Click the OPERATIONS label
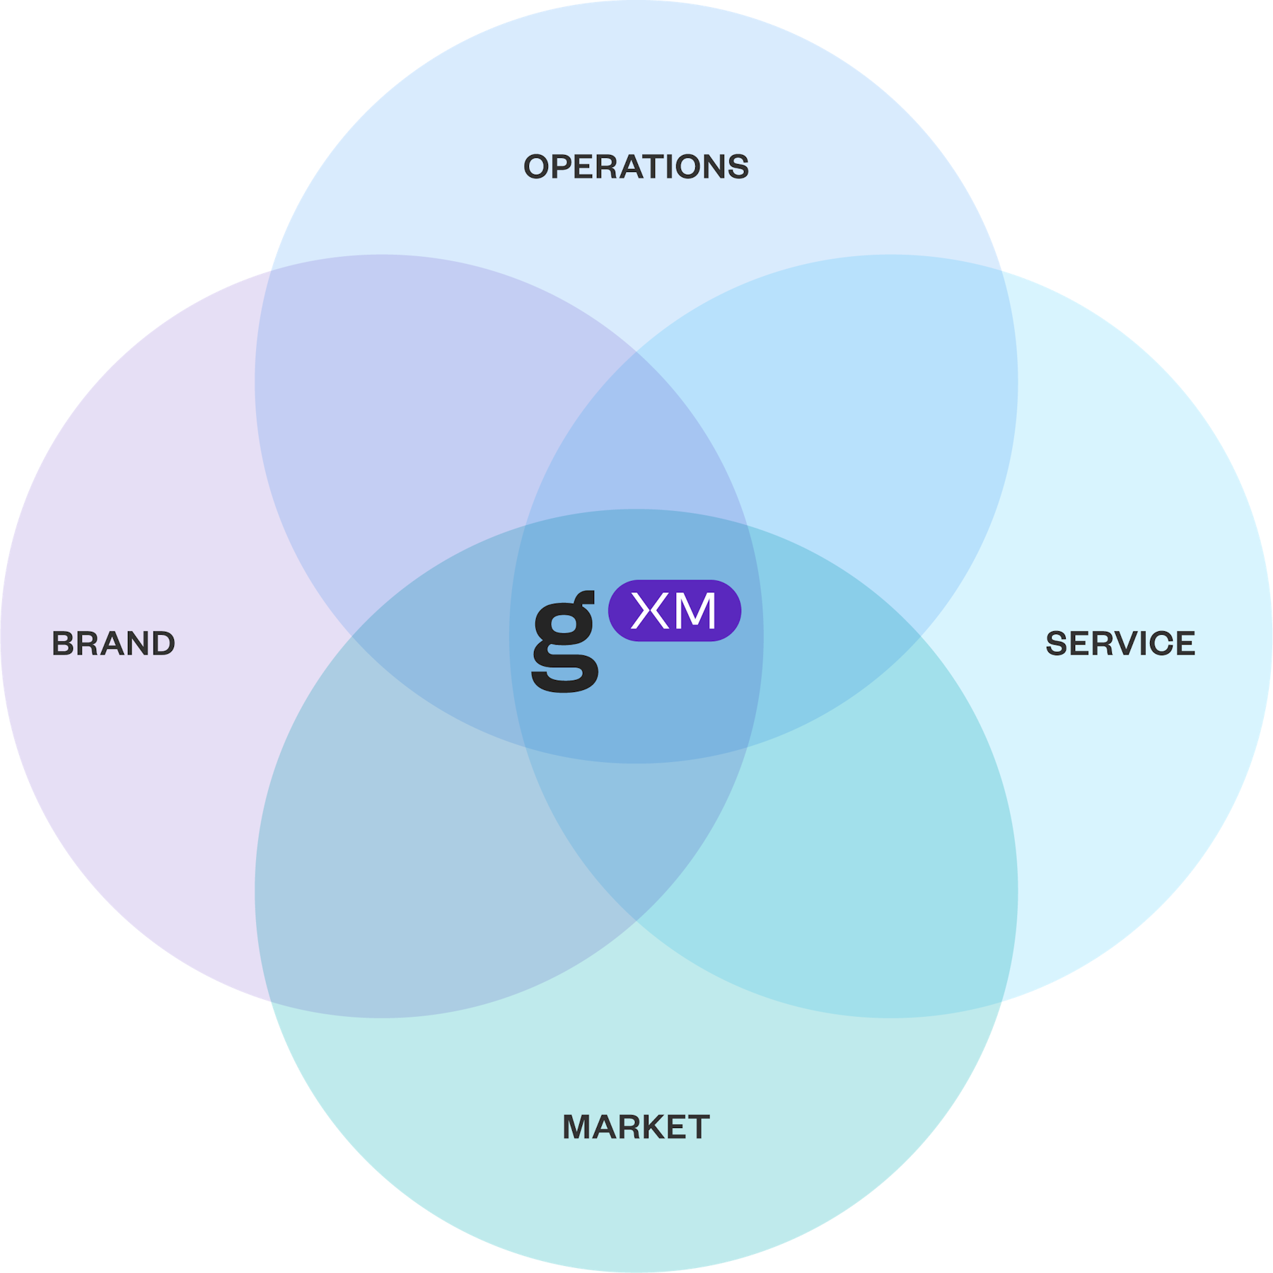click(x=636, y=167)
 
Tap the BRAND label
click(x=113, y=643)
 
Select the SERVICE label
click(x=1120, y=643)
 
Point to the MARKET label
click(x=636, y=1127)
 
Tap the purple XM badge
click(x=675, y=611)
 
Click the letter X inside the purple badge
click(x=650, y=611)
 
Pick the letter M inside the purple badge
click(x=694, y=611)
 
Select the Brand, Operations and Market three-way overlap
click(x=438, y=637)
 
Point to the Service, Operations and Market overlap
click(x=835, y=637)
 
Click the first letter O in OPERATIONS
click(x=537, y=167)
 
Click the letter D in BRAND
click(x=163, y=643)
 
